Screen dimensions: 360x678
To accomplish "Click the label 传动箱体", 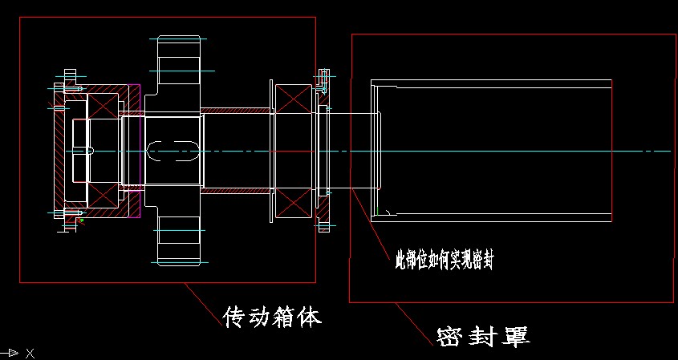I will click(x=272, y=318).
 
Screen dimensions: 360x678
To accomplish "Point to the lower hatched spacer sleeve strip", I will click(x=237, y=192).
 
